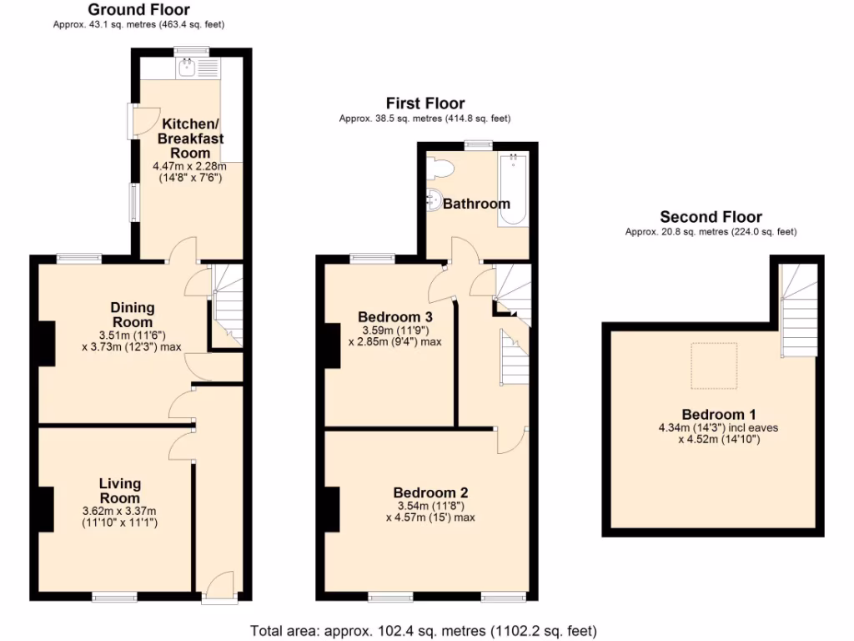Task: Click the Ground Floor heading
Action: pyautogui.click(x=138, y=10)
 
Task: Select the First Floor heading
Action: pyautogui.click(x=424, y=103)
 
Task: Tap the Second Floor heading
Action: pyautogui.click(x=711, y=217)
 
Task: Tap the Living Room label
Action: pyautogui.click(x=120, y=491)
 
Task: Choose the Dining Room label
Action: pyautogui.click(x=132, y=315)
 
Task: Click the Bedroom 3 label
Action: pyautogui.click(x=394, y=317)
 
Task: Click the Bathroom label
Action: pyautogui.click(x=476, y=204)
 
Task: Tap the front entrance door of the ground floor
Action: pyautogui.click(x=219, y=585)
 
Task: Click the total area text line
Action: pyautogui.click(x=424, y=631)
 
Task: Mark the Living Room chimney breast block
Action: pyautogui.click(x=46, y=508)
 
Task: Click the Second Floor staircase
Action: pyautogui.click(x=798, y=308)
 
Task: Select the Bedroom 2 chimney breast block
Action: pyautogui.click(x=332, y=510)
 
